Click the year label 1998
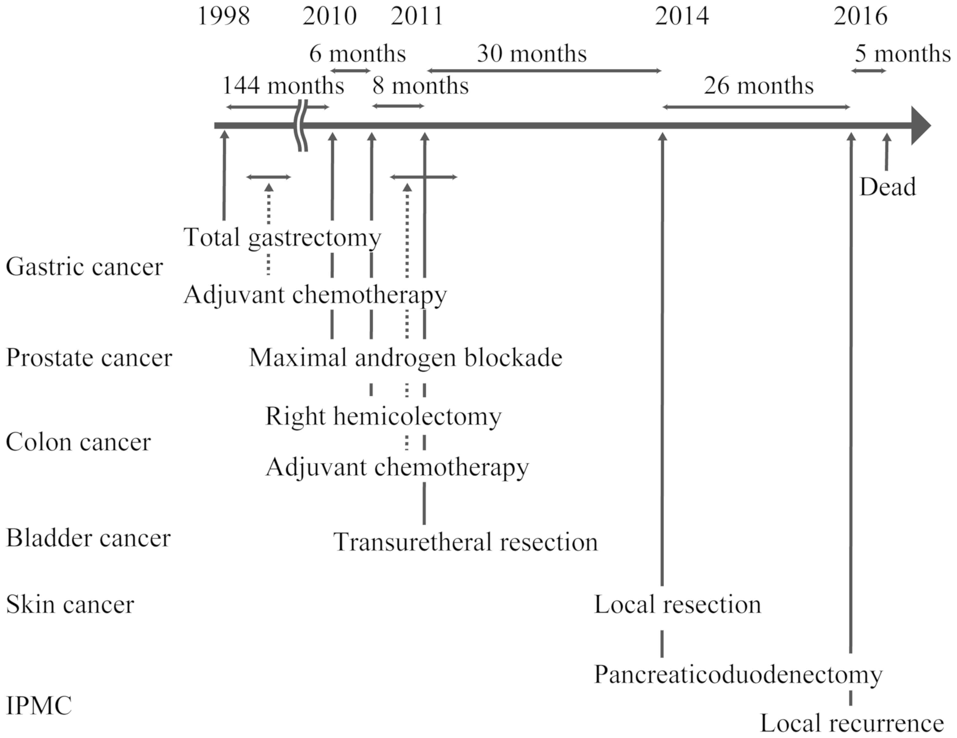(x=224, y=17)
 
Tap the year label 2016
(x=860, y=17)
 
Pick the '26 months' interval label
(x=758, y=86)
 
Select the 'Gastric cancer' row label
(x=84, y=267)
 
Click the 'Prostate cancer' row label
(x=89, y=358)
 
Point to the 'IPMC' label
(x=39, y=706)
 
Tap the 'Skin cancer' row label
(x=70, y=605)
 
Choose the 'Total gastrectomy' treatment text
(x=282, y=238)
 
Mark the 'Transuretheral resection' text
(x=465, y=542)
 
